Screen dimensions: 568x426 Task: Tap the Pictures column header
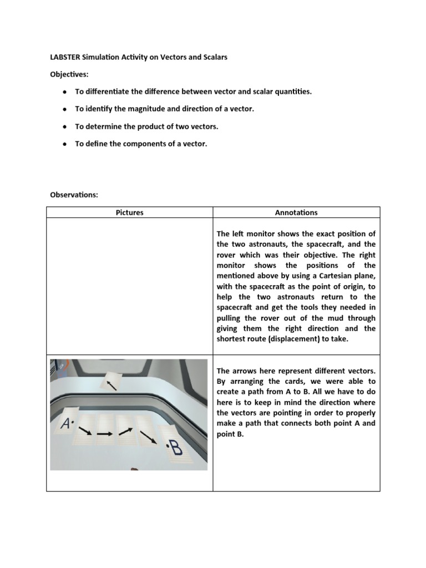point(130,212)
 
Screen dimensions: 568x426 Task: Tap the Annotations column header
point(296,212)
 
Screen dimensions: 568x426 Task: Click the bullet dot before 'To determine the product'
point(65,127)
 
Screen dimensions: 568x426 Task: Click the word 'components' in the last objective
point(147,144)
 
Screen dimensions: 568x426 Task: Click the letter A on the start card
point(67,424)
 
